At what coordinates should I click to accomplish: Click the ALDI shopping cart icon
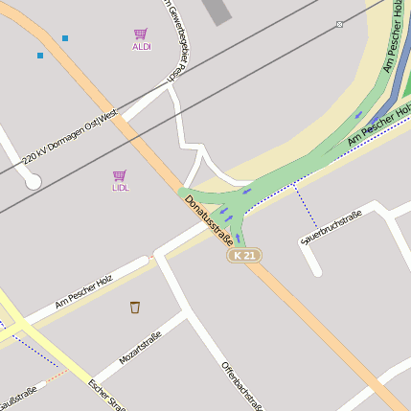[x=141, y=34]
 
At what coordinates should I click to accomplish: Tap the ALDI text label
[x=141, y=46]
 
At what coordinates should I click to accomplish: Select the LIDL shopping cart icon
[x=120, y=175]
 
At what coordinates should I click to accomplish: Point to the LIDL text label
[x=120, y=188]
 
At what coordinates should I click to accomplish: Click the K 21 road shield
[x=244, y=256]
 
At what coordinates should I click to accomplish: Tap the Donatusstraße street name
[x=209, y=218]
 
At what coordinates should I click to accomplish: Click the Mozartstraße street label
[x=140, y=350]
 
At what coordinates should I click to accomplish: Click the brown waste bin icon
[x=135, y=307]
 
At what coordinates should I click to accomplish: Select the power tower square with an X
[x=339, y=24]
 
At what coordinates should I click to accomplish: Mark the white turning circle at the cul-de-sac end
[x=33, y=180]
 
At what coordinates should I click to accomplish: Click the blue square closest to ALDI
[x=65, y=38]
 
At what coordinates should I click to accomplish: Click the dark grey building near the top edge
[x=219, y=10]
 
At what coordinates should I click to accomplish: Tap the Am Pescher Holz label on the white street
[x=84, y=290]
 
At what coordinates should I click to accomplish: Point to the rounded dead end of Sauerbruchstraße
[x=317, y=273]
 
